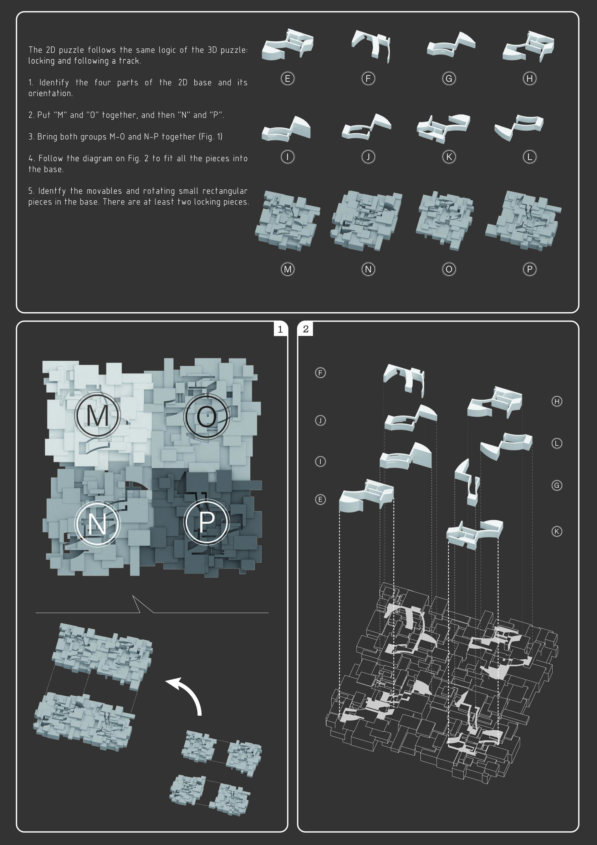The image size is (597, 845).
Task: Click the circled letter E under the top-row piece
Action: click(287, 78)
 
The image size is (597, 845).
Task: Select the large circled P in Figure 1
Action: click(207, 522)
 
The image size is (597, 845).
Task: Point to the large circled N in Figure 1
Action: click(98, 523)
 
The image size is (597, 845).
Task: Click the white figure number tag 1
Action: click(280, 329)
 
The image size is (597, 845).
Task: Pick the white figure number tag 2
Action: click(306, 329)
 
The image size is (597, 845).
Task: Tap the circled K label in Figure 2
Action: click(557, 531)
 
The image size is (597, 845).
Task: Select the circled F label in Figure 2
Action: click(320, 373)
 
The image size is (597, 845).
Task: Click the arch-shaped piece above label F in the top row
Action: click(371, 46)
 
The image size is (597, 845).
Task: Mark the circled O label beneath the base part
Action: click(449, 269)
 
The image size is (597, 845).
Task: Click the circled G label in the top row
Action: click(449, 78)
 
